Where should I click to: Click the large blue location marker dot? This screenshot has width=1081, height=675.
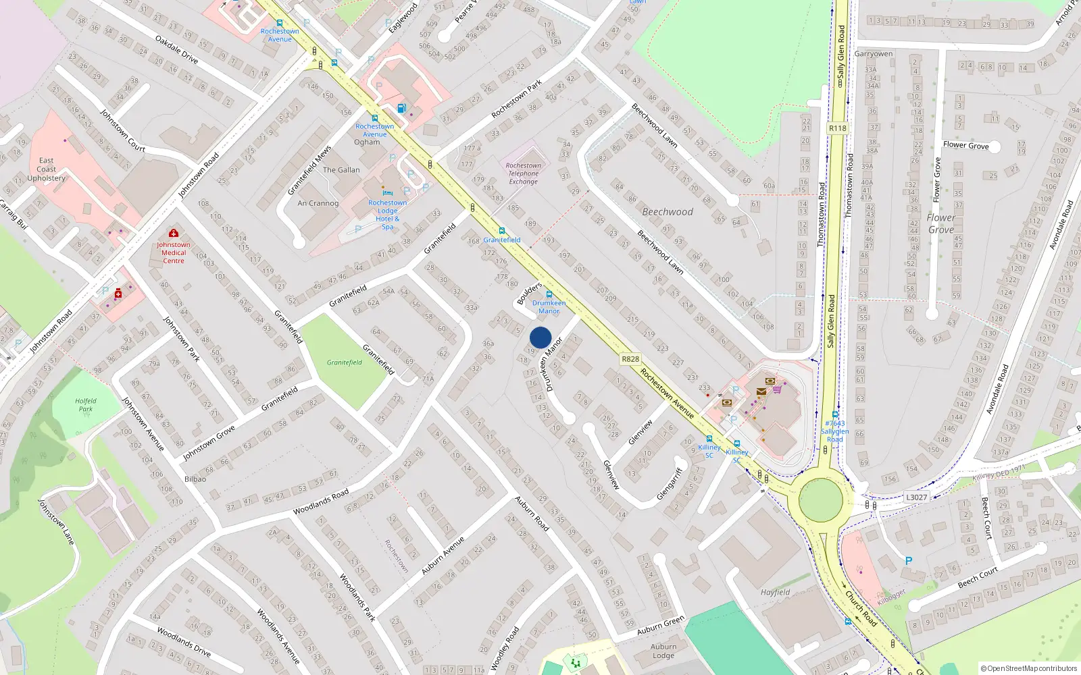540,337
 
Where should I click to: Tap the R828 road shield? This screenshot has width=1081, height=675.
630,359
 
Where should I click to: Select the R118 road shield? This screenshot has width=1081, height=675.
837,128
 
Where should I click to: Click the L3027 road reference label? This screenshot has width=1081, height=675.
916,497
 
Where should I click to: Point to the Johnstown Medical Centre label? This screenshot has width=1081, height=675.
174,252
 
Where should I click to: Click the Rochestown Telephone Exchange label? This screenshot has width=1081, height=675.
524,173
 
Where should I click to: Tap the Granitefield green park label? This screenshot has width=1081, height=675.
345,362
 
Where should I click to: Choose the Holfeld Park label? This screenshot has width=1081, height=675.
86,405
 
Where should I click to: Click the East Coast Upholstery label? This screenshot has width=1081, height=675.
47,169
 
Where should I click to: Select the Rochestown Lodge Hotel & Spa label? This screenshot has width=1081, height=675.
388,215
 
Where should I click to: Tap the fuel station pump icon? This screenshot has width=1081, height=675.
401,107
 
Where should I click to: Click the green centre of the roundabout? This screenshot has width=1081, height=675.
821,500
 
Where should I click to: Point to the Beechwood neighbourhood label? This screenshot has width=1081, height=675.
668,212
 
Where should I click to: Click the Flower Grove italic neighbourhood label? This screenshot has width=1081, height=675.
941,223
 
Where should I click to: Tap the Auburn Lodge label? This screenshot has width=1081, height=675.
663,651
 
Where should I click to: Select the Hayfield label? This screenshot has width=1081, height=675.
775,593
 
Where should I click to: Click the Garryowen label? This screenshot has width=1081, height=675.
874,54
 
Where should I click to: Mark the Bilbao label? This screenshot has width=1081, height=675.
195,479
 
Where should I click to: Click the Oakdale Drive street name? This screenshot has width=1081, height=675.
176,50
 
